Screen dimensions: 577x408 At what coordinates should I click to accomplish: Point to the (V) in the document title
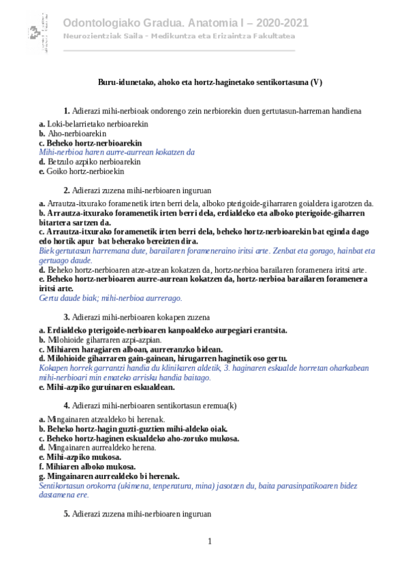[x=316, y=82]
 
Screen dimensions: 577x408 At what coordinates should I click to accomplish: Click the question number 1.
[x=67, y=110]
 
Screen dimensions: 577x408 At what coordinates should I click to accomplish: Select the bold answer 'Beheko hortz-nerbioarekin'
[x=94, y=144]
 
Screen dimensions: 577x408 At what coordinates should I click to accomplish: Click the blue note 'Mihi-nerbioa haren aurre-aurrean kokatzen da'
[x=117, y=152]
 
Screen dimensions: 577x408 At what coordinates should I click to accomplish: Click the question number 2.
[x=67, y=191]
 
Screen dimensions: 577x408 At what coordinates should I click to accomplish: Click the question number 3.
[x=67, y=317]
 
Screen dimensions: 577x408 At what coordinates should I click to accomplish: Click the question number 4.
[x=67, y=406]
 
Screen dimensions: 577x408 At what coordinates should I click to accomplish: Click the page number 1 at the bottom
[x=210, y=541]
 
